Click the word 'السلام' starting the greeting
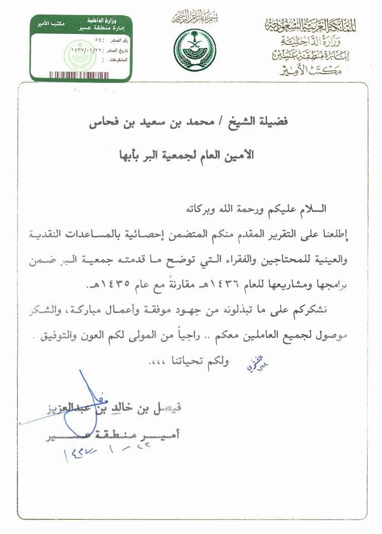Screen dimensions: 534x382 (311, 210)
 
